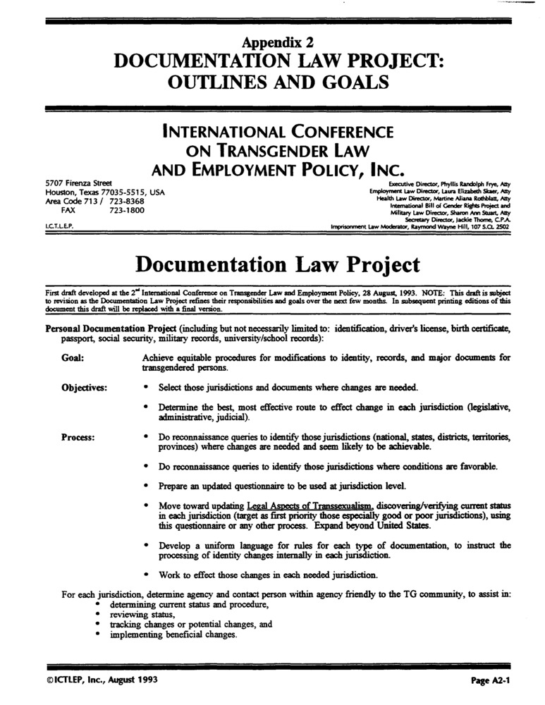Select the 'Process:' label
pyautogui.click(x=78, y=437)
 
